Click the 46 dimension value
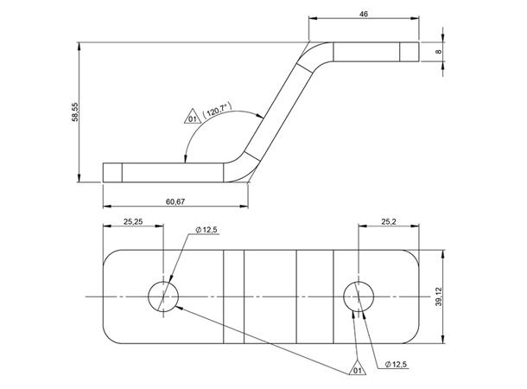tap(364, 14)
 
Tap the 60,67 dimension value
tap(175, 201)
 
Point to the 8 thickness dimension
tap(438, 52)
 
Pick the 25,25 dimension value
tap(133, 221)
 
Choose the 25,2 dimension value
tap(389, 221)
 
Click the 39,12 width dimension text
tap(439, 297)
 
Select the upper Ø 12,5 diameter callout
tap(206, 230)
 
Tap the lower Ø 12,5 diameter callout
tap(396, 364)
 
